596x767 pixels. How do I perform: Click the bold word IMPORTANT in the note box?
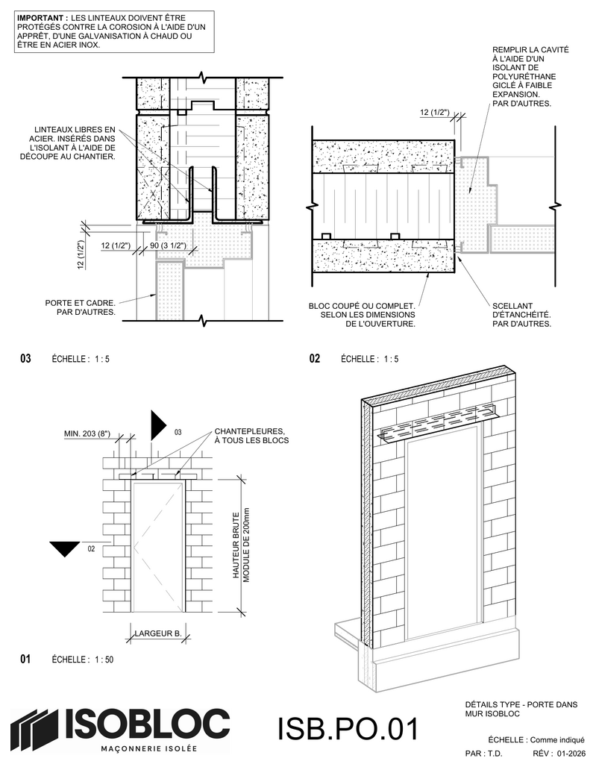[42, 18]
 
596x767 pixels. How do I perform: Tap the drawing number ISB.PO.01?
[348, 729]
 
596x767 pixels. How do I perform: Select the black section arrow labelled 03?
[159, 425]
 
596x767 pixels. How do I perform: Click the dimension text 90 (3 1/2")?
[168, 245]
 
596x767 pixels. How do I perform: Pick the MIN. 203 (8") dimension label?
[87, 433]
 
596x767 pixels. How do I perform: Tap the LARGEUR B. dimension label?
[158, 633]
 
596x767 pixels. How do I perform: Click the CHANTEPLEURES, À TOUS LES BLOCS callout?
[251, 436]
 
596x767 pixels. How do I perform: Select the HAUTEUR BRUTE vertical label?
[236, 545]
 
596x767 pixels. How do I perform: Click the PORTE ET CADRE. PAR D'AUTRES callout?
[80, 307]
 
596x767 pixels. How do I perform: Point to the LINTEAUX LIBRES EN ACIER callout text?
[67, 143]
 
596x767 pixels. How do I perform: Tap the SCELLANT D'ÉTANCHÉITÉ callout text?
[521, 315]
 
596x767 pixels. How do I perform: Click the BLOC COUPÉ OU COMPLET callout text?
[362, 315]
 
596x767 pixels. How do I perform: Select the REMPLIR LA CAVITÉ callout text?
[530, 76]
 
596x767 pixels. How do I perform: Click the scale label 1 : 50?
[104, 660]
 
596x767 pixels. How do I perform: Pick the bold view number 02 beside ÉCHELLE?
[315, 359]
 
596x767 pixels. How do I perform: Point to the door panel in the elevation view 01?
[158, 546]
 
